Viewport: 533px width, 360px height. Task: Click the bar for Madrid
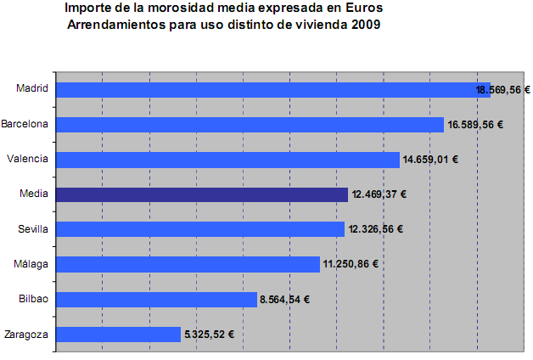click(272, 89)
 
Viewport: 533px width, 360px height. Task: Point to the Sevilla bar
click(199, 229)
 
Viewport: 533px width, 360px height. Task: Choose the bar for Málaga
click(187, 264)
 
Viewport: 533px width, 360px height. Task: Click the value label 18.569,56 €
click(502, 89)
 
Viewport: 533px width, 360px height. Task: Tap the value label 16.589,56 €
click(475, 125)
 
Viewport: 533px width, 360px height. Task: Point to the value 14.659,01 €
click(430, 160)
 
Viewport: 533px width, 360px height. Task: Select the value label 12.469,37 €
click(379, 194)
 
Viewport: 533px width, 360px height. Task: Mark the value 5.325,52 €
click(209, 334)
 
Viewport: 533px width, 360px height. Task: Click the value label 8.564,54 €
click(284, 299)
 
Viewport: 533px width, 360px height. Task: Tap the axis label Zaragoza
click(26, 334)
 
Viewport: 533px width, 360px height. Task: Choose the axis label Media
click(34, 194)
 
